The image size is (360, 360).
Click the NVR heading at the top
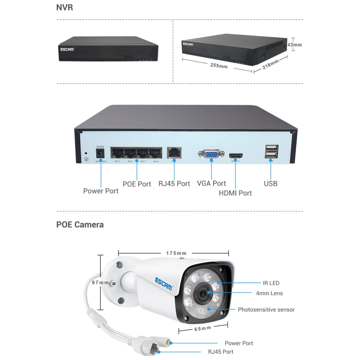(x=65, y=8)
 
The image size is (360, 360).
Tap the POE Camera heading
(x=80, y=224)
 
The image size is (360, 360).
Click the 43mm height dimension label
(x=295, y=45)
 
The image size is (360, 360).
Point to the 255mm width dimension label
(x=219, y=65)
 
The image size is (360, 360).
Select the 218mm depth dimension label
(x=271, y=64)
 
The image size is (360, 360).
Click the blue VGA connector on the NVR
(x=210, y=154)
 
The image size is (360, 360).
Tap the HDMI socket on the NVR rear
(x=236, y=156)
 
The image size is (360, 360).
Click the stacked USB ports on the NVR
(x=270, y=152)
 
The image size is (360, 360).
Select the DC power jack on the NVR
(x=101, y=153)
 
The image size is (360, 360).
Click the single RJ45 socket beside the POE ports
(x=173, y=153)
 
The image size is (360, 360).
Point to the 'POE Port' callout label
(x=137, y=184)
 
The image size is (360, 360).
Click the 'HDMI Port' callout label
(x=235, y=193)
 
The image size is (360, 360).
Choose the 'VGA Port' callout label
(x=211, y=183)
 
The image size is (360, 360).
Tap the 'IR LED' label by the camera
(x=271, y=283)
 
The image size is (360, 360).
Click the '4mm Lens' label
(x=269, y=293)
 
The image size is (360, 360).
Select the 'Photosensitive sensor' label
(x=266, y=310)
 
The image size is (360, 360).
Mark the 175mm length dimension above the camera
(x=176, y=253)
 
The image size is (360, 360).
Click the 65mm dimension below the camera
(x=203, y=328)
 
